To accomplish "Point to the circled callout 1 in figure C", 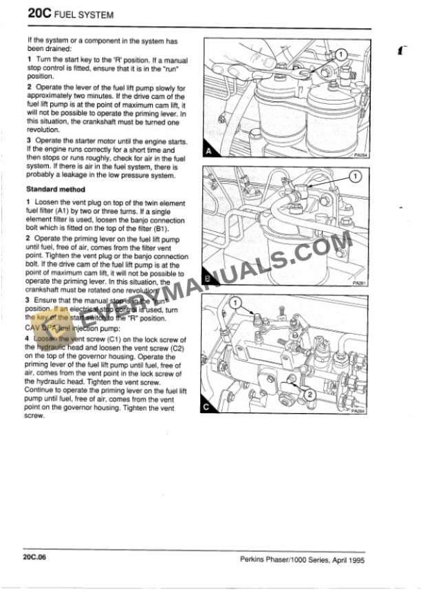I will point(235,302).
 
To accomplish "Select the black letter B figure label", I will point(208,279).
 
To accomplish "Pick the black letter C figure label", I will point(208,407).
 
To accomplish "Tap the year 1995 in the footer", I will point(355,560).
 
